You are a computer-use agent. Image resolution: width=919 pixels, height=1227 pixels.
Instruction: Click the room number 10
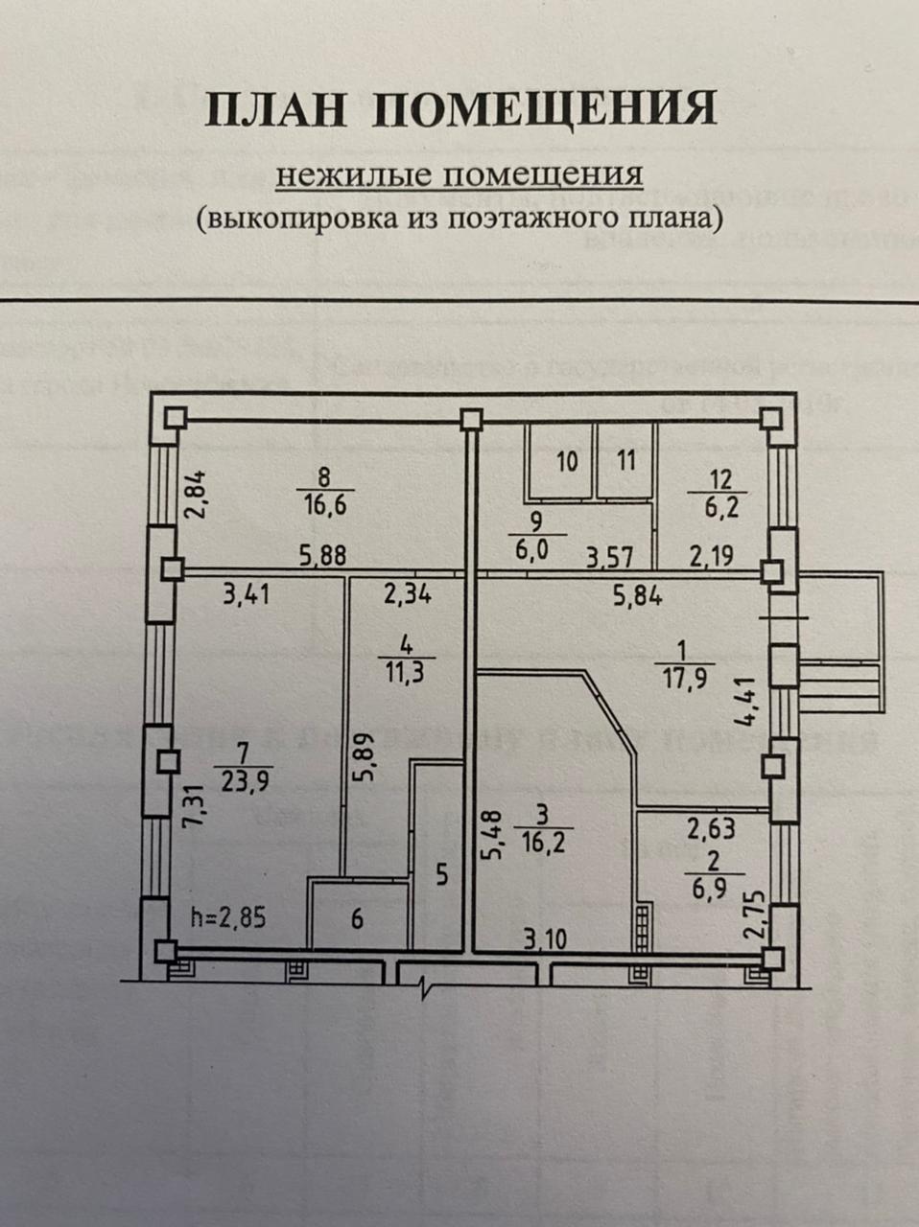[567, 461]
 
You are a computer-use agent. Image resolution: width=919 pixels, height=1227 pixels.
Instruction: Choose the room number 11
[625, 461]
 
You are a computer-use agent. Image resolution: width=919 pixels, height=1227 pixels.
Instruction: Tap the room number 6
[357, 918]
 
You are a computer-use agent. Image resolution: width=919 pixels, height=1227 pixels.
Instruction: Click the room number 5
[441, 875]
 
